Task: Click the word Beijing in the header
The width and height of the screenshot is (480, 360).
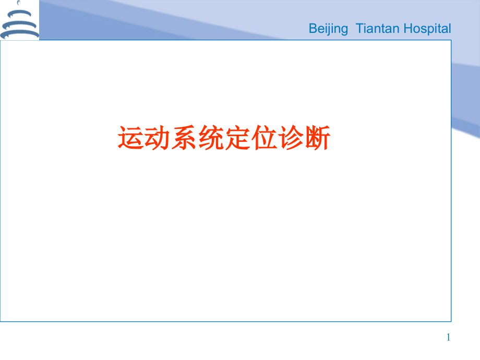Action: pyautogui.click(x=328, y=29)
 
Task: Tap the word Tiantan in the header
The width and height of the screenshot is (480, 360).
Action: pyautogui.click(x=376, y=29)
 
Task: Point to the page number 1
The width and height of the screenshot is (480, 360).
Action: pyautogui.click(x=448, y=338)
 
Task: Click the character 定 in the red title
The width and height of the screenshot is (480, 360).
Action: pyautogui.click(x=237, y=138)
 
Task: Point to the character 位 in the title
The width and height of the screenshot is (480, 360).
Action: pyautogui.click(x=263, y=138)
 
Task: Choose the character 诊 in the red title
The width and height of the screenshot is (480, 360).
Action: pyautogui.click(x=290, y=138)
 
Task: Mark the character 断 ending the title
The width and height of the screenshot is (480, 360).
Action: pyautogui.click(x=317, y=138)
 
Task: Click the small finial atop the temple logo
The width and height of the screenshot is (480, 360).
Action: pyautogui.click(x=19, y=2)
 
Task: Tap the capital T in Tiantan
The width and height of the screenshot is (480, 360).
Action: pyautogui.click(x=359, y=29)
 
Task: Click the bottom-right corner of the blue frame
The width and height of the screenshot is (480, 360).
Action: pyautogui.click(x=451, y=321)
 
